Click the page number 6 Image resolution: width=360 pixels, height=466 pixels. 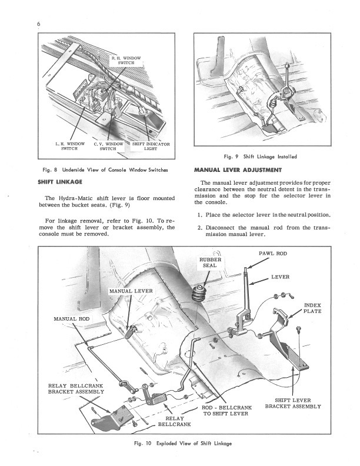pos(39,24)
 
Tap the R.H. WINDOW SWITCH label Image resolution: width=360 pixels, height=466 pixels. pos(126,61)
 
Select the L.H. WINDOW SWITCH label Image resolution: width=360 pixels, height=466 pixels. pos(70,147)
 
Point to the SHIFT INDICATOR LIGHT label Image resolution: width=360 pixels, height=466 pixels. pos(151,147)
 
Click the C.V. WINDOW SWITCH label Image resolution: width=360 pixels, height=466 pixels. pos(108,147)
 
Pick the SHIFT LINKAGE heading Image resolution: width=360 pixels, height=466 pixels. pos(60,182)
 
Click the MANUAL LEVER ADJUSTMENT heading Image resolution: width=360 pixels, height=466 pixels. pos(238,170)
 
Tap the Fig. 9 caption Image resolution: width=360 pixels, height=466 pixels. pos(260,157)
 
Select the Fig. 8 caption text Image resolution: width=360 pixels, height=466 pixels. pos(105,170)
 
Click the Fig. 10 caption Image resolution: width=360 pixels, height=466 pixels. pos(183,444)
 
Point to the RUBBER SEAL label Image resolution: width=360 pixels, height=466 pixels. pos(210,262)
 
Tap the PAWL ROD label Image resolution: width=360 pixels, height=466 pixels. pos(273,254)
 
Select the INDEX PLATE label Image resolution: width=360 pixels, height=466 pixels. pos(312,308)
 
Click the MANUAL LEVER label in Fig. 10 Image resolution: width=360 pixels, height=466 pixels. pos(131,291)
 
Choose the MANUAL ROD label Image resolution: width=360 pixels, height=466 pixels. pos(72,319)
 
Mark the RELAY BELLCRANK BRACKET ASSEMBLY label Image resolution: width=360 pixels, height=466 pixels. pos(76,389)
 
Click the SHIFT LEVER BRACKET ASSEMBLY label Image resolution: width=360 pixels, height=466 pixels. pos(293,403)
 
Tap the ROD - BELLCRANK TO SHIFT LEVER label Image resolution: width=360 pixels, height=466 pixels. pos(226,411)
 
